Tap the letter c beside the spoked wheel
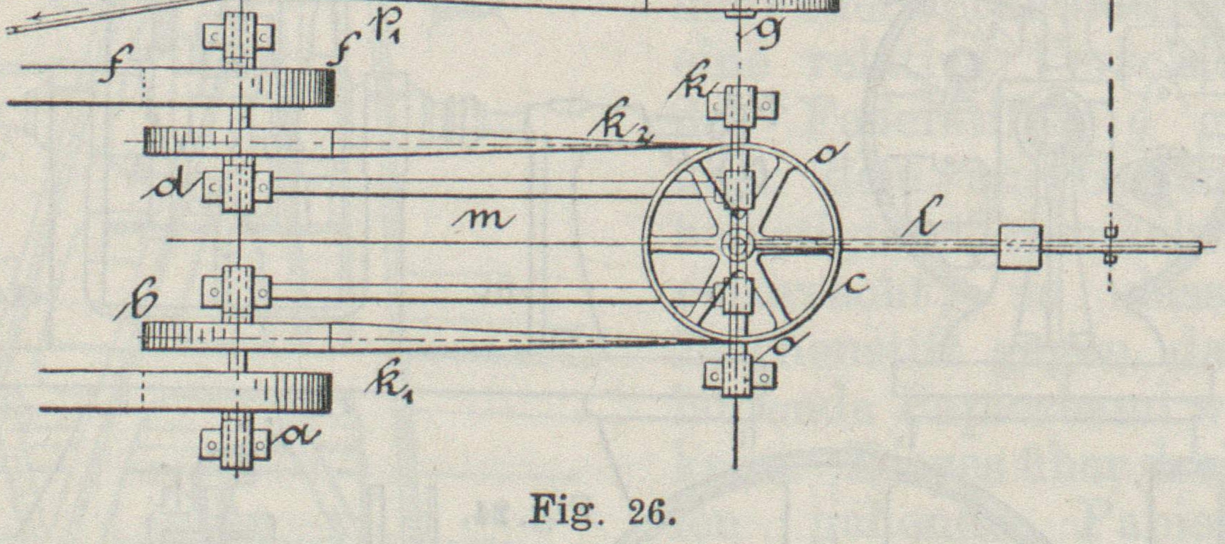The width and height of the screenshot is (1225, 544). click(x=855, y=283)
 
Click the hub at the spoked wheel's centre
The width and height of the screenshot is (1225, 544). click(x=736, y=246)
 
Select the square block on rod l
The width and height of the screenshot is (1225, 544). click(x=1020, y=246)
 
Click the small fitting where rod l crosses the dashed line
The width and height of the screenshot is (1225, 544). click(x=1110, y=245)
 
